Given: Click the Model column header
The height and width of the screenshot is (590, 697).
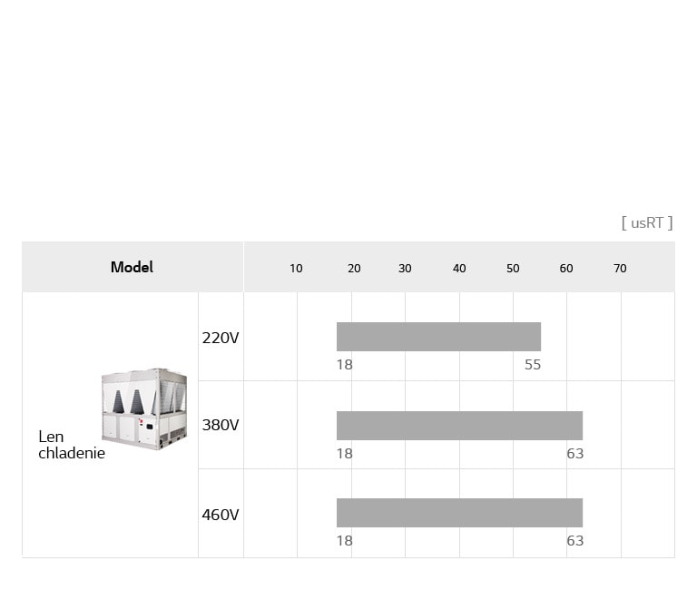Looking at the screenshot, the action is coord(132,267).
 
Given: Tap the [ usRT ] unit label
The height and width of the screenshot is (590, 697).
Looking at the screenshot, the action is coord(647,222).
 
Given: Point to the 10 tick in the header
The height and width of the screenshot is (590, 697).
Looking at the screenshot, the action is coord(296,269).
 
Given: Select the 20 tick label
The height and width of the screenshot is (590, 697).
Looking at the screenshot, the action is coord(354,269).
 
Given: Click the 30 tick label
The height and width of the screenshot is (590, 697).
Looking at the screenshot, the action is coord(405,269).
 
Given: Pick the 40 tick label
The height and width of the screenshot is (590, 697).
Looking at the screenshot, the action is coord(459,269).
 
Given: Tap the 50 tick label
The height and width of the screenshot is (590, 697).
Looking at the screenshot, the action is coord(513,269).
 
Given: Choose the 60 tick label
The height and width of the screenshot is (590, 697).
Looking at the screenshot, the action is coord(566,269).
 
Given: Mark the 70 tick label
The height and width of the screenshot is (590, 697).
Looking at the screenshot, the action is coord(620,269).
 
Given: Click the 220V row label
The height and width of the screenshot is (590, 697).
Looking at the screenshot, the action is coord(220,338).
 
